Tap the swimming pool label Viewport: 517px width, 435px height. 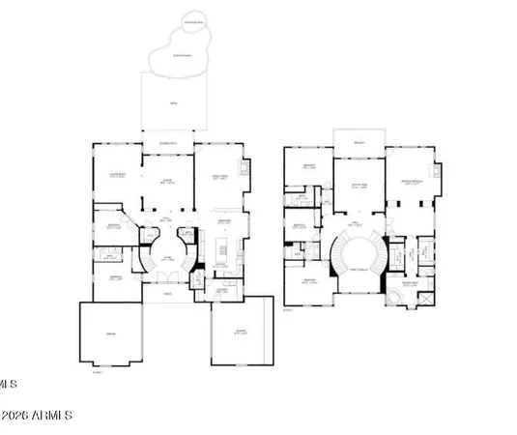tap(176, 55)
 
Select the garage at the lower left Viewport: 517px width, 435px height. tap(110, 333)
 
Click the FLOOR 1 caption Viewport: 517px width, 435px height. tap(97, 372)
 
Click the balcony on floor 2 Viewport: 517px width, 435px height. tap(358, 138)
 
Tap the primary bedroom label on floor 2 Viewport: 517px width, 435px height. tap(414, 182)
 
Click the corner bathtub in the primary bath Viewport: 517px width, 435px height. tap(393, 294)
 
